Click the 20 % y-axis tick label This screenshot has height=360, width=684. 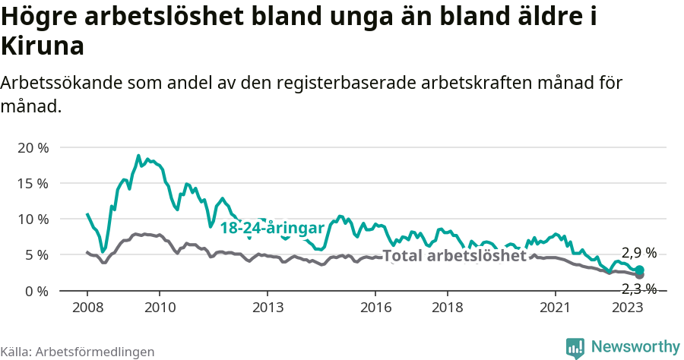(32, 147)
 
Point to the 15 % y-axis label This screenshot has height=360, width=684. (32, 183)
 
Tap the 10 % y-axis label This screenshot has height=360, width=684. (32, 219)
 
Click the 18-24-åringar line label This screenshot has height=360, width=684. (272, 228)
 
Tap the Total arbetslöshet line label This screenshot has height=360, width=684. (454, 256)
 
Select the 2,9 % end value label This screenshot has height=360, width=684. (638, 253)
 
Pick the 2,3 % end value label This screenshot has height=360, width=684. (638, 289)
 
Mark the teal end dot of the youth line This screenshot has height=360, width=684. (640, 270)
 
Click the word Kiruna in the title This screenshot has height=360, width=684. (43, 46)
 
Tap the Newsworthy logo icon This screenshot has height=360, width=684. (575, 348)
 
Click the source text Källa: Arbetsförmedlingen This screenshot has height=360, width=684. (78, 352)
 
